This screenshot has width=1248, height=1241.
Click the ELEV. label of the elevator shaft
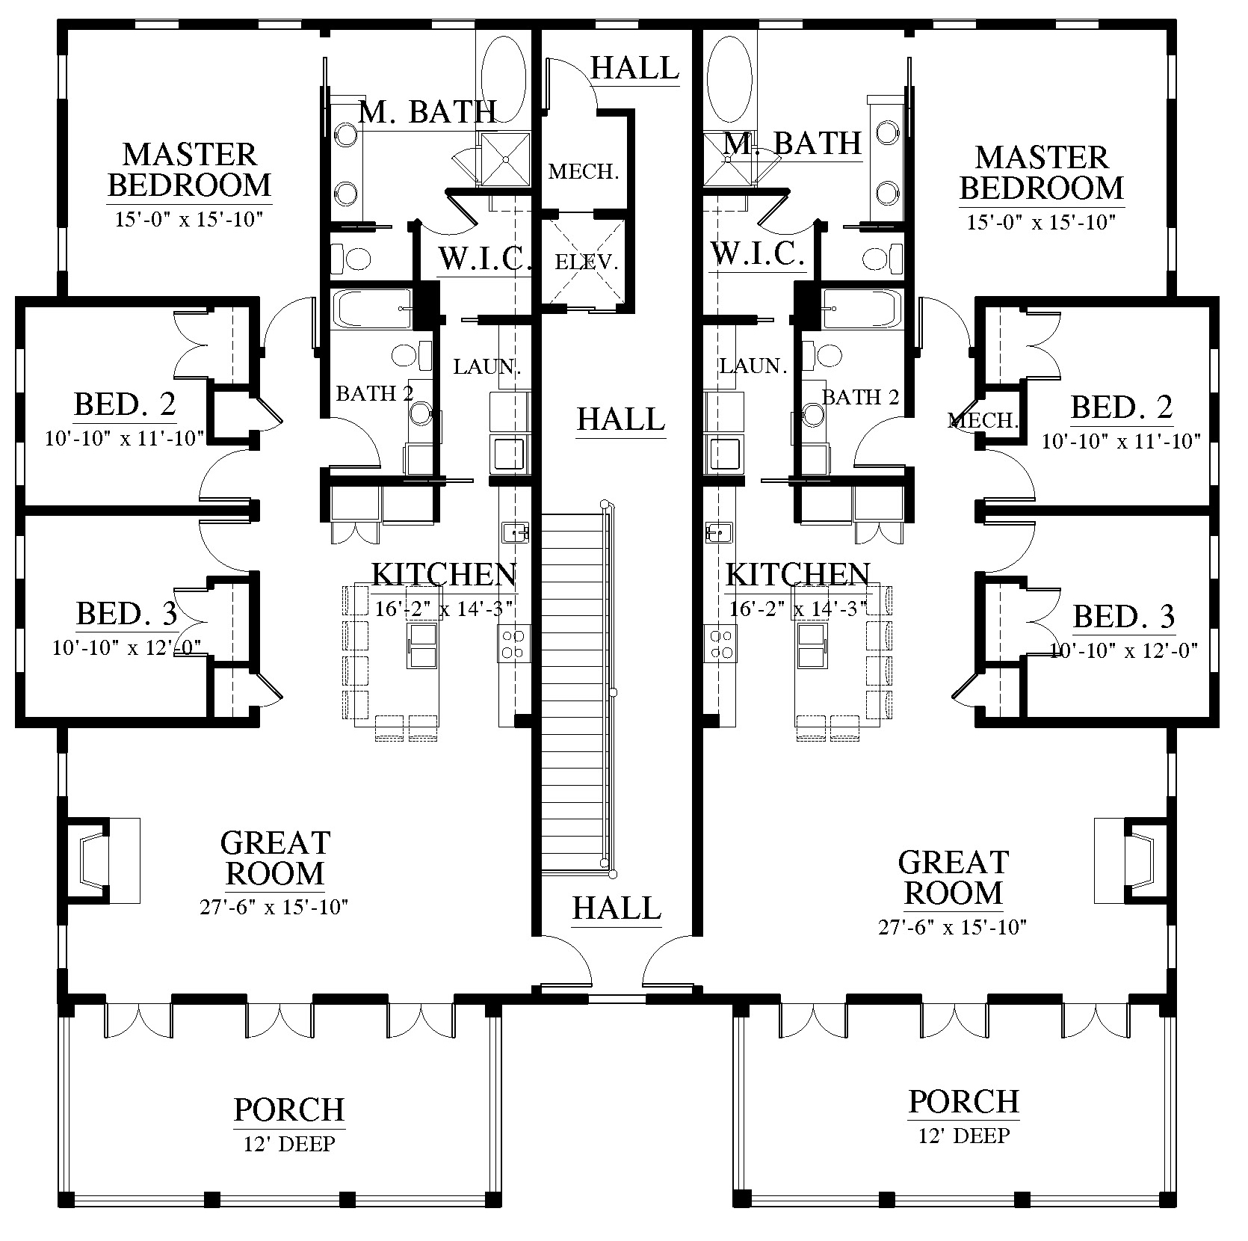[586, 262]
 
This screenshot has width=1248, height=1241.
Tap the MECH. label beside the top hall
[584, 172]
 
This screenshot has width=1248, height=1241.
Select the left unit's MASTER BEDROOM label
[190, 170]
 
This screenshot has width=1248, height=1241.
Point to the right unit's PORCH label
[964, 1101]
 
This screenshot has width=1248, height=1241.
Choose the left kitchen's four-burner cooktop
[514, 644]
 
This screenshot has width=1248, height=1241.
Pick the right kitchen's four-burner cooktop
[720, 644]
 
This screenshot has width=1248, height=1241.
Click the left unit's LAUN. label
[487, 367]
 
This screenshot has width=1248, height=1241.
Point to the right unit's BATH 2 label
[860, 397]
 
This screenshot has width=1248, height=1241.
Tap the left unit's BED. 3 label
[127, 614]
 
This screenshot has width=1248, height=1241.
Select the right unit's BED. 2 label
[1122, 407]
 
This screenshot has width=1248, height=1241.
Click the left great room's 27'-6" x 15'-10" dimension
[274, 908]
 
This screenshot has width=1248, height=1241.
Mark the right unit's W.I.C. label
[757, 254]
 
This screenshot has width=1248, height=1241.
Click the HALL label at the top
[635, 67]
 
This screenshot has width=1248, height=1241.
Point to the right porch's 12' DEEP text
[964, 1136]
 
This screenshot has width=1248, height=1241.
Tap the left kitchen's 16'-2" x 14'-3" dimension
[444, 609]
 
